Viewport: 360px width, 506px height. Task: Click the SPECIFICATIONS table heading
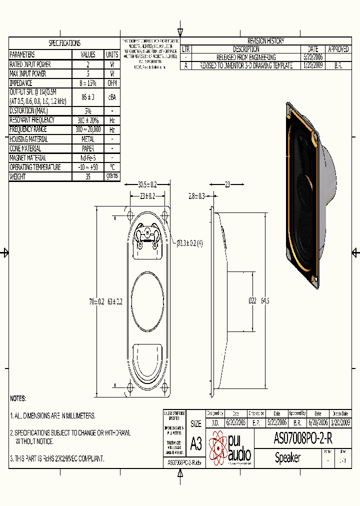pos(64,43)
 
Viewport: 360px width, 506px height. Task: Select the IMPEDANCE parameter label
pos(21,83)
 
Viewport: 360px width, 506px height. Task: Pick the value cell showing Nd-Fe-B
pos(87,158)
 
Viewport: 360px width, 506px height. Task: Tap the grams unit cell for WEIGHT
pos(111,176)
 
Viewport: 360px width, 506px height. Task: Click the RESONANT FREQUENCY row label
pos(32,120)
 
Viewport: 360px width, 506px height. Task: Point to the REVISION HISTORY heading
pos(265,41)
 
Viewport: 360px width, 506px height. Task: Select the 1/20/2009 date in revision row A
pos(313,65)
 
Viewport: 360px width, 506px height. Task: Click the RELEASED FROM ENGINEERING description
pos(246,57)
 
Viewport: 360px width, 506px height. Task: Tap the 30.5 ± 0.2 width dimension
pos(147,184)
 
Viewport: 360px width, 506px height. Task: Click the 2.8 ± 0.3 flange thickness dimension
pos(196,196)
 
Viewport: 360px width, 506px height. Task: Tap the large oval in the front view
pos(147,301)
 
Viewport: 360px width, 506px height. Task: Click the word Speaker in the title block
pos(287,457)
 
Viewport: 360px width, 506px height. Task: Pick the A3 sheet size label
pos(196,443)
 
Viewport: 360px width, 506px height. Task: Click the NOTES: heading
pos(18,398)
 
